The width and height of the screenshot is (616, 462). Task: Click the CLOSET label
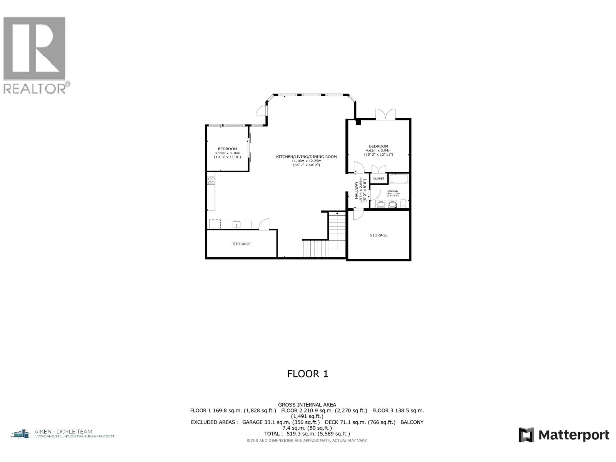378,179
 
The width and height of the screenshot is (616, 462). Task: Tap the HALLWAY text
356,190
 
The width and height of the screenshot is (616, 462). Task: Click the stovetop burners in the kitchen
211,181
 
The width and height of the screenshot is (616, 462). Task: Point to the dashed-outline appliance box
215,224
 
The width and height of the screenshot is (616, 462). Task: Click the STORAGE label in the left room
241,244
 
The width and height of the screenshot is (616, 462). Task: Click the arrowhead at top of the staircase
337,213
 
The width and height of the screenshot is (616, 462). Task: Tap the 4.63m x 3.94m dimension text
378,150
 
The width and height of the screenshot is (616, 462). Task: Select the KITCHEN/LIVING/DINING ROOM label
306,157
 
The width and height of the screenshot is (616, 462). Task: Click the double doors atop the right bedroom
385,114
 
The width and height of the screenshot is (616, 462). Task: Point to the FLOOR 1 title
308,374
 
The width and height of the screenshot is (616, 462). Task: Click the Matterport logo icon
526,435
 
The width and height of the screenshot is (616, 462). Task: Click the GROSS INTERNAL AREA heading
307,405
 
